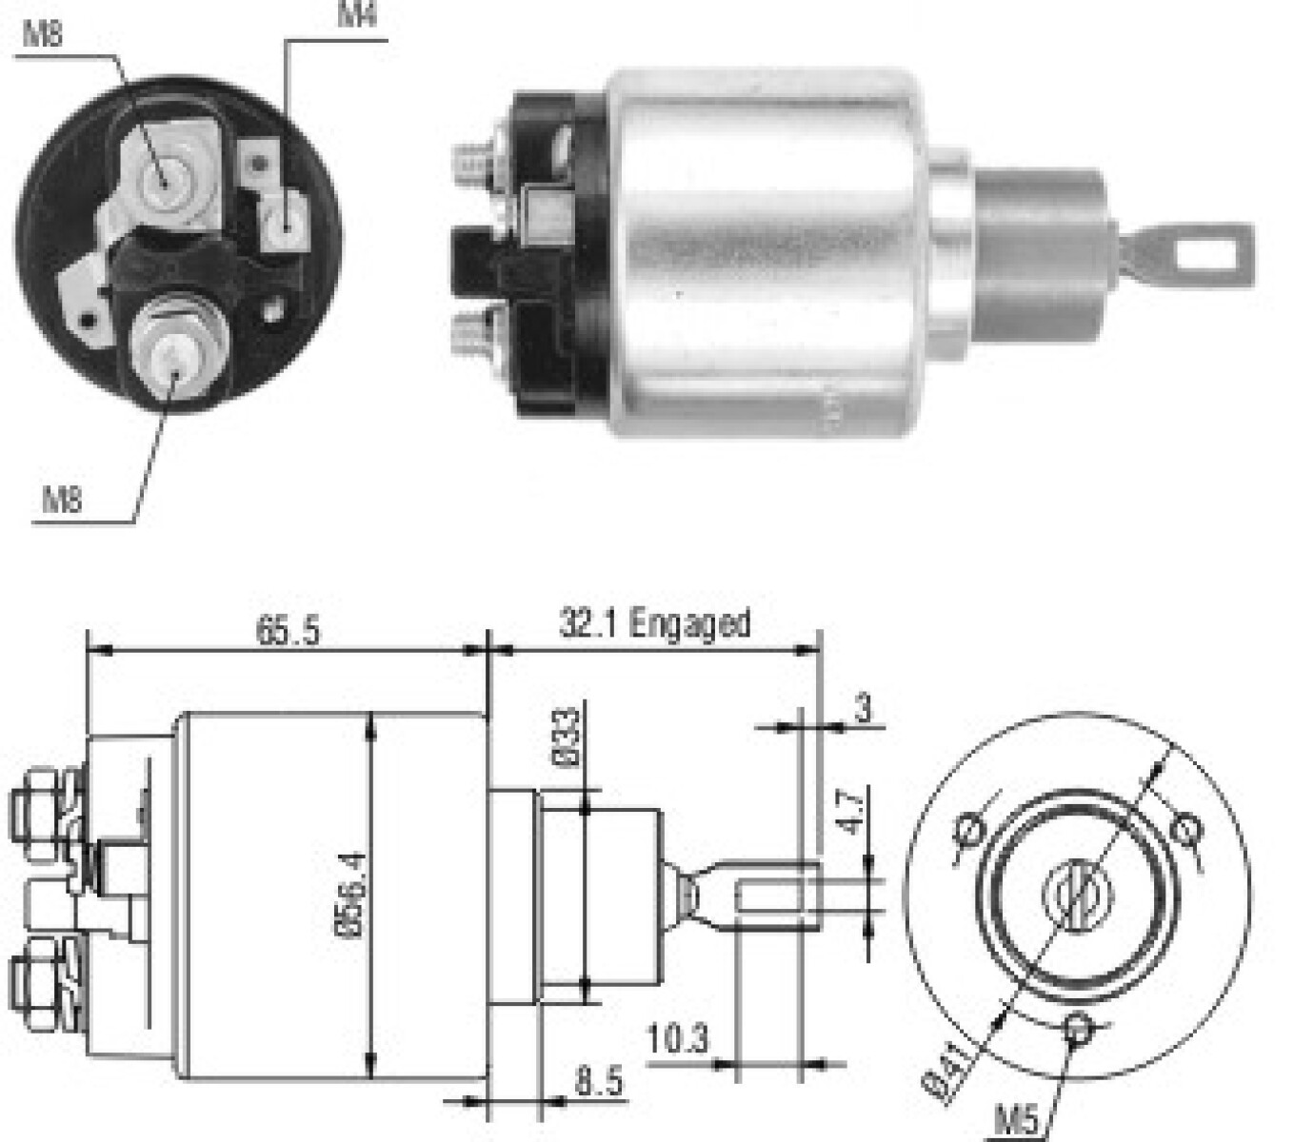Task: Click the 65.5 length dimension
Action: (288, 631)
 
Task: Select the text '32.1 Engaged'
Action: (654, 624)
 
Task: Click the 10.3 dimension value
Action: (678, 1038)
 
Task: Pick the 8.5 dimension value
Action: (598, 1082)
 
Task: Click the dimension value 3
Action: (862, 708)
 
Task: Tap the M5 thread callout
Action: (1017, 1119)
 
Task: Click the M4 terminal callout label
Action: (357, 15)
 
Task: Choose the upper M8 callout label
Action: (43, 35)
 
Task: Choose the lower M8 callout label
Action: (62, 499)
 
